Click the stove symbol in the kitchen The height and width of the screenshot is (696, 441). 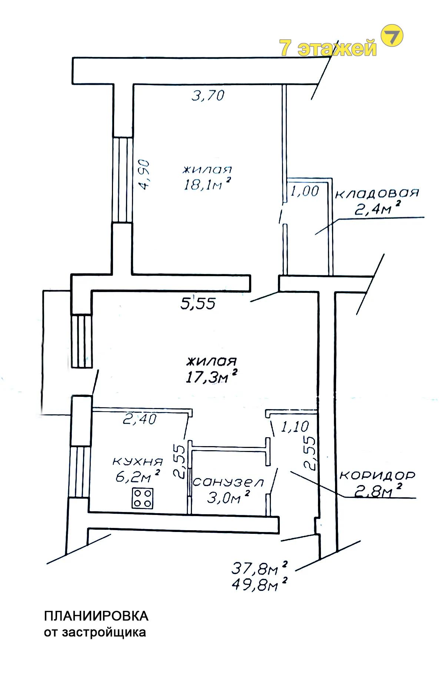click(142, 498)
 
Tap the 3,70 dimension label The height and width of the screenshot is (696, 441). click(208, 96)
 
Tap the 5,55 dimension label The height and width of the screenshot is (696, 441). click(198, 304)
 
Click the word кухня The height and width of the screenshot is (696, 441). click(137, 462)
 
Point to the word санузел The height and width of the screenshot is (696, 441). click(228, 482)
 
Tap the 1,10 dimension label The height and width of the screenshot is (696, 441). click(295, 427)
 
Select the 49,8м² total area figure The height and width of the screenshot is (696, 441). click(259, 585)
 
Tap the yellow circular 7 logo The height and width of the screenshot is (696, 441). click(392, 36)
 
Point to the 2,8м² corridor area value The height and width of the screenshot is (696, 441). click(378, 491)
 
